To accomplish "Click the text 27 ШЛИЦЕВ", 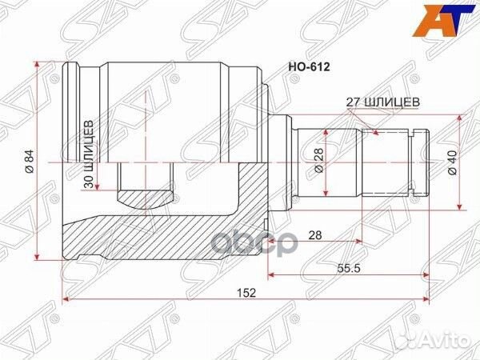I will [380, 102].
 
